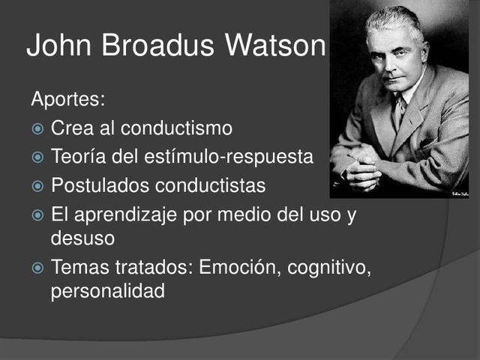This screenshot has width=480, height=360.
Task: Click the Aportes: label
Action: point(67,100)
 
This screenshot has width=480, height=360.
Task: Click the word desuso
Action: point(82,238)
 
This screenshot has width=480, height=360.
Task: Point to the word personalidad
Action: point(107,292)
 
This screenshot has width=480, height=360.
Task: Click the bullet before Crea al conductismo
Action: point(37,129)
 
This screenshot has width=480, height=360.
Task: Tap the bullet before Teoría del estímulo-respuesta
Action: point(37,157)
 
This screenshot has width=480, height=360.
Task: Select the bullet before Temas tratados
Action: point(37,268)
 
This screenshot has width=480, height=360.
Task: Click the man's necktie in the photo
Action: point(400,112)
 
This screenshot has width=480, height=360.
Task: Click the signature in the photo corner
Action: point(460,193)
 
